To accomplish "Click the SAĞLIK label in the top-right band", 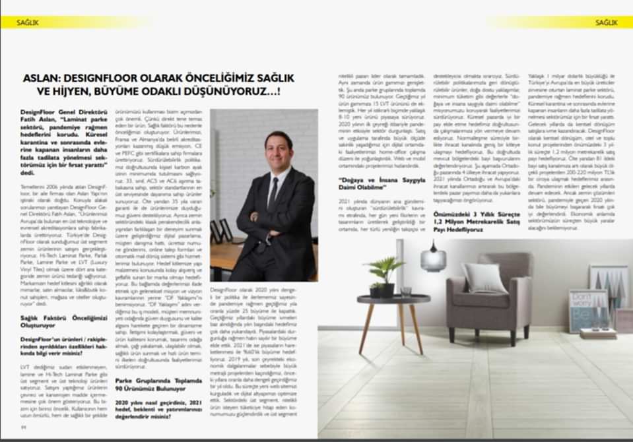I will pos(606,22).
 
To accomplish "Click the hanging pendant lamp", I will pos(433,258).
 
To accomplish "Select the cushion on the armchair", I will pos(484,278).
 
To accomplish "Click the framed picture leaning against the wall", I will pos(588,310).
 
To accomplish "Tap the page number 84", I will pos(24,426).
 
